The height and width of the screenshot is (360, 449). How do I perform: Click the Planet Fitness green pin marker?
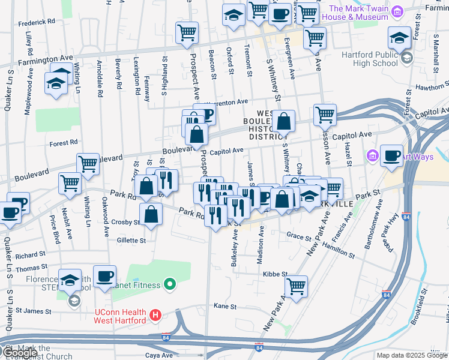click(170, 285)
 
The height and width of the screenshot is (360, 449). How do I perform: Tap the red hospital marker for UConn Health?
click(155, 314)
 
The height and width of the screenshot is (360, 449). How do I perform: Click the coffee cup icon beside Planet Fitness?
click(104, 276)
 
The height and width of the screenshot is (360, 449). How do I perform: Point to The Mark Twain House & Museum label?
click(359, 13)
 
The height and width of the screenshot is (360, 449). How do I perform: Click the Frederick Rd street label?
click(37, 22)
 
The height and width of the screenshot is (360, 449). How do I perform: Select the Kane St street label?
click(225, 306)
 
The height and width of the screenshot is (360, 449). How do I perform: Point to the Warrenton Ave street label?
click(225, 102)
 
